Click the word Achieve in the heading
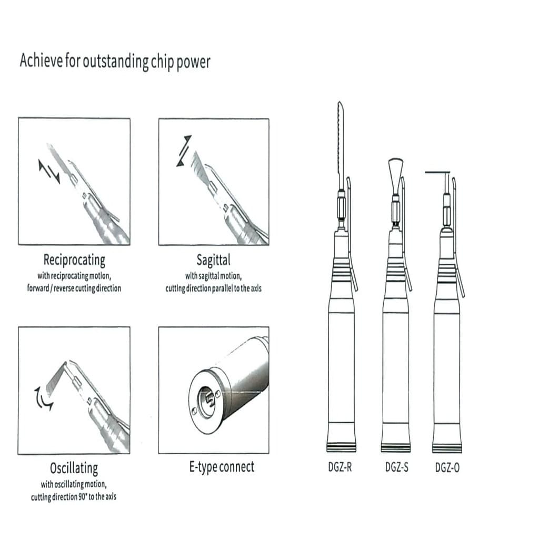coord(42,61)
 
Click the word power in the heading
coord(193,62)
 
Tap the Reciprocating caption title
coord(74,260)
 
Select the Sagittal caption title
coord(214,260)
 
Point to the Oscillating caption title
coord(74,468)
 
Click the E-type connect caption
coord(222,467)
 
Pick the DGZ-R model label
coord(340,467)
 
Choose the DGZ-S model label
coord(397,467)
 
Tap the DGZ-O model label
coord(447,467)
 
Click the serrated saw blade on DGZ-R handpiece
coord(341,144)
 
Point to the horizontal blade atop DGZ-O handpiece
coord(437,172)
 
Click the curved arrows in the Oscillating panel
coord(43,399)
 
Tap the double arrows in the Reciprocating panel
coord(49,171)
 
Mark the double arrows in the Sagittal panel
coord(184,151)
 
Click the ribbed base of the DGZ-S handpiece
coord(396,447)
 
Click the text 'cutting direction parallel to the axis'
coord(214,288)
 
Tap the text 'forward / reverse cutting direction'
coord(74,288)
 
